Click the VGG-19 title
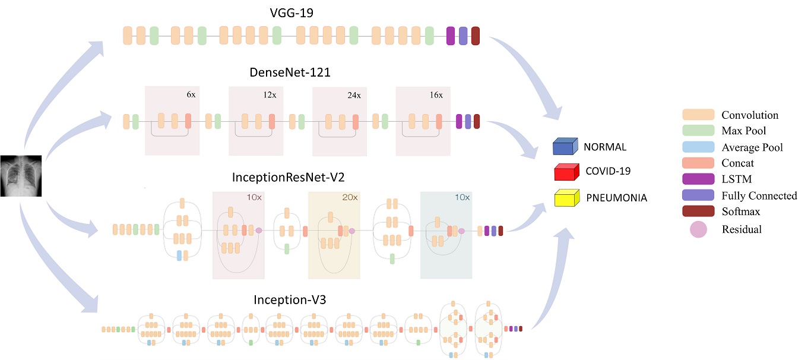[x=292, y=13]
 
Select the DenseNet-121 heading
[x=290, y=72]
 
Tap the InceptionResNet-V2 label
[x=288, y=178]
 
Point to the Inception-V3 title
[x=290, y=300]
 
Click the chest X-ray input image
[x=21, y=176]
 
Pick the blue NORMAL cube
[x=565, y=146]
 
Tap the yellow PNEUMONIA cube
[x=567, y=198]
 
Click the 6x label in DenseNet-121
[x=191, y=94]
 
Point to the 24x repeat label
[x=354, y=95]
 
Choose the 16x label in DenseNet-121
[x=436, y=95]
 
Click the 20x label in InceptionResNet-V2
[x=350, y=197]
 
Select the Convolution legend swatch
[x=698, y=115]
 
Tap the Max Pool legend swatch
[x=698, y=130]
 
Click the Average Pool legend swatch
[x=698, y=147]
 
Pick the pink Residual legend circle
[x=698, y=229]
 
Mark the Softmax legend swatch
[x=698, y=211]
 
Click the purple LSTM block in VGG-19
[x=451, y=36]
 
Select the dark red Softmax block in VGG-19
[x=476, y=36]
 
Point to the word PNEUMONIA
[x=617, y=198]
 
